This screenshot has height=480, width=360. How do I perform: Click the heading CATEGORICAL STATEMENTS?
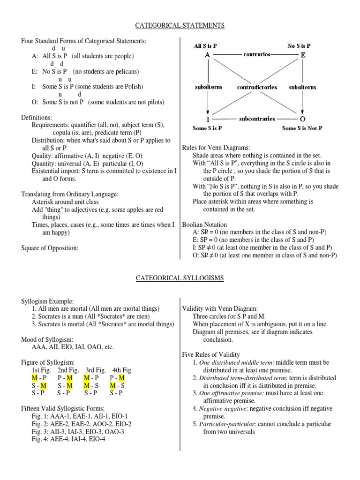[180, 25]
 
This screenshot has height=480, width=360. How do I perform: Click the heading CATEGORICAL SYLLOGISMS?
[180, 278]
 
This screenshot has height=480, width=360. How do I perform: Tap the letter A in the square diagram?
[207, 55]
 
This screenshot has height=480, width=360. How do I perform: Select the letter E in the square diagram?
[303, 55]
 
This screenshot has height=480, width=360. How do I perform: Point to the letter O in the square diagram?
[303, 119]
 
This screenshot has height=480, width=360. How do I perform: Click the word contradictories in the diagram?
[257, 87]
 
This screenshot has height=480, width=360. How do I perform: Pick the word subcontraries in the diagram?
[256, 119]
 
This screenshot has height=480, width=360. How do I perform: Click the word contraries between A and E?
[257, 55]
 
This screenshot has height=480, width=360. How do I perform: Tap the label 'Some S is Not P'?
[302, 128]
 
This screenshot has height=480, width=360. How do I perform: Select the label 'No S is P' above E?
[299, 46]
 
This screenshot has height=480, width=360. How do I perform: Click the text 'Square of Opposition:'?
[50, 248]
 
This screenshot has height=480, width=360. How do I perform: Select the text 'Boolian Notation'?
[204, 225]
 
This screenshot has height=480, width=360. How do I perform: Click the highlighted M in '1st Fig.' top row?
[35, 378]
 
